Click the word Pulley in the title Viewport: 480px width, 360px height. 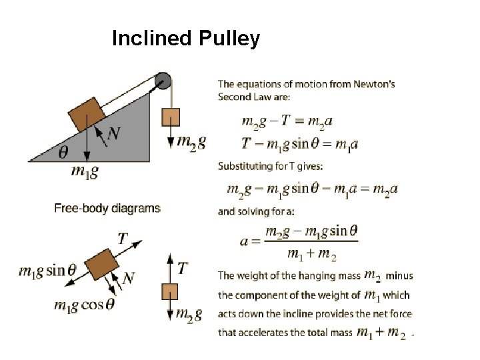point(229,39)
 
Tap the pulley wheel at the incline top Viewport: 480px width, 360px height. point(163,82)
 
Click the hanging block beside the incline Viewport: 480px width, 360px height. point(171,117)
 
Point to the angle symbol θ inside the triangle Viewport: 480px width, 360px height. point(63,153)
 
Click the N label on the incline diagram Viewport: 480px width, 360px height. point(114,133)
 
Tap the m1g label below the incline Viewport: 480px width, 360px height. point(85,172)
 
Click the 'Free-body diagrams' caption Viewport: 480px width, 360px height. point(107,208)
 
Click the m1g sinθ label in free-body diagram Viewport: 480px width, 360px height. point(48,271)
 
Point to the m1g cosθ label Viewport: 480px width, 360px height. point(85,305)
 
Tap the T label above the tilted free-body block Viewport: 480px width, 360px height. point(123,238)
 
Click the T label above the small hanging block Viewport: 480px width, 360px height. point(182,268)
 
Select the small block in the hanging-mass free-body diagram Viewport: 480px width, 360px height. point(171,291)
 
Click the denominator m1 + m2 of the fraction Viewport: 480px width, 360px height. point(311,253)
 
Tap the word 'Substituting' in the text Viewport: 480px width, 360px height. point(243,166)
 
